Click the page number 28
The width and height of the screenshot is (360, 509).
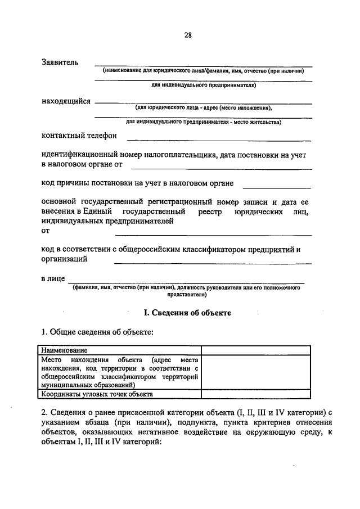[x=188, y=34]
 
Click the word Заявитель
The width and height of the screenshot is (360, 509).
[x=60, y=62]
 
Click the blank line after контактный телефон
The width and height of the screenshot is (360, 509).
[x=218, y=138]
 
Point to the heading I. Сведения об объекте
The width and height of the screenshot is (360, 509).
[x=188, y=312]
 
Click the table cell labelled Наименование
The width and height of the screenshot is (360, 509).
[x=64, y=350]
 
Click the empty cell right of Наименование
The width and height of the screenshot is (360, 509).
[x=255, y=350]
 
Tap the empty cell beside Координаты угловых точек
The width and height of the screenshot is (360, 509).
[x=255, y=394]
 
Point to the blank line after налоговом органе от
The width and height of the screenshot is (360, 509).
[x=220, y=168]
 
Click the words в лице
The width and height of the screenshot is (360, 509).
[x=53, y=278]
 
